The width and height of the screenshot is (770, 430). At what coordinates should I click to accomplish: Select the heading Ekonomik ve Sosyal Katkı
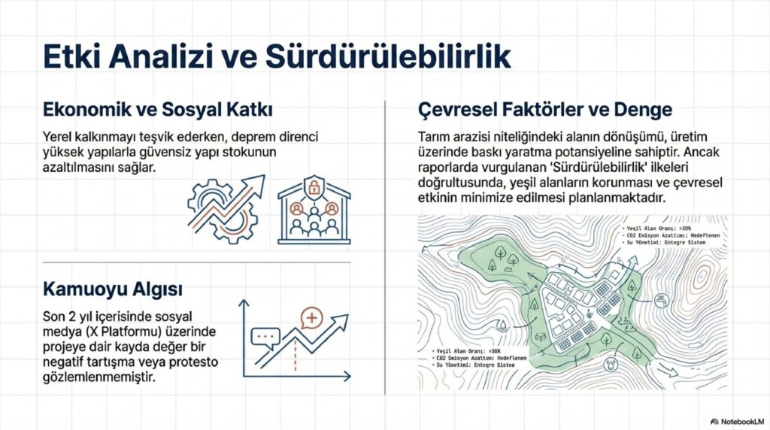point(157,110)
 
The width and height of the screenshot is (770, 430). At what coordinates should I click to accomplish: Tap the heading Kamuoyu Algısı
point(112,289)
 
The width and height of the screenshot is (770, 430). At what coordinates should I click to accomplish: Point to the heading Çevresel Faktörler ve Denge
point(544,110)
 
